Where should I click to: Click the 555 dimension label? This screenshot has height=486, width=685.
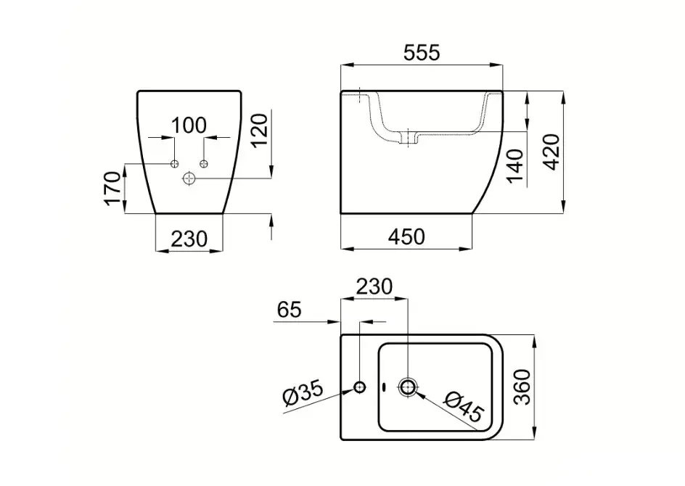click(422, 53)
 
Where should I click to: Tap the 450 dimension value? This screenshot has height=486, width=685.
click(406, 237)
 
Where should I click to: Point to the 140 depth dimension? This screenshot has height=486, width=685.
click(515, 166)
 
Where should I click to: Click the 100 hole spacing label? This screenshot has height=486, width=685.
click(189, 125)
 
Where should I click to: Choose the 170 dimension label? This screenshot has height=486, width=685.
click(112, 188)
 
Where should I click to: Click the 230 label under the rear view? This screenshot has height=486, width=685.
click(189, 239)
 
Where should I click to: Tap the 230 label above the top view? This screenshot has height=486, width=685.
click(374, 287)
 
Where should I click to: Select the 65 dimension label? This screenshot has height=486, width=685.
click(290, 310)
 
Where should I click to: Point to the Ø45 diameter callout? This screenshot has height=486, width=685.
click(464, 405)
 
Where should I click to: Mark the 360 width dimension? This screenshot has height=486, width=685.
click(522, 387)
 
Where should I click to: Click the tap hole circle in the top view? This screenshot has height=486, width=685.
click(359, 387)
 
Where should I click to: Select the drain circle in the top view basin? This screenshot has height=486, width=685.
click(408, 387)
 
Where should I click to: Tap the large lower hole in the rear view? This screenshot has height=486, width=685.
click(189, 178)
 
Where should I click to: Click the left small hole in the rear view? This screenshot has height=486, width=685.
click(174, 164)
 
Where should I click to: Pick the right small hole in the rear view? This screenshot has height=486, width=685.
click(204, 164)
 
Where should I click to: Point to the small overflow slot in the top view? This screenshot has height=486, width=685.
click(384, 387)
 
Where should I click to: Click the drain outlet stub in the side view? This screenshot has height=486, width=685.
click(409, 139)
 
